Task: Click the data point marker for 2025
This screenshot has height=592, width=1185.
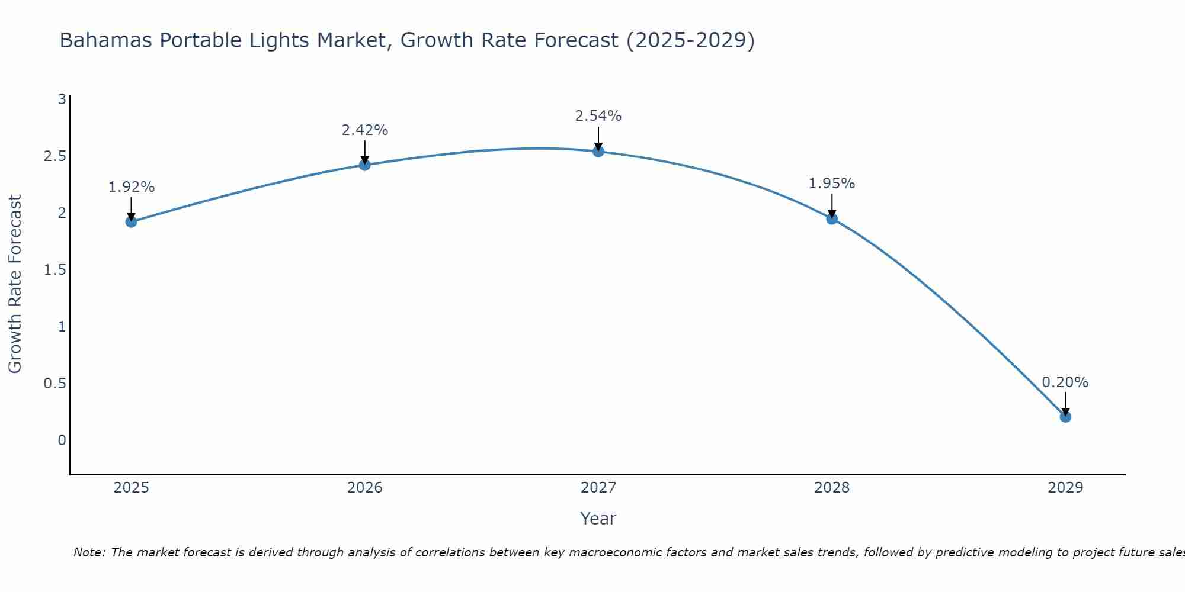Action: (x=131, y=222)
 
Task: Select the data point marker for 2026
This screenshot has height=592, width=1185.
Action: (x=364, y=165)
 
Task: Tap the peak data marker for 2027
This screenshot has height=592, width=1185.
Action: (x=598, y=151)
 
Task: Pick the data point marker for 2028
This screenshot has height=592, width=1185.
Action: (x=832, y=218)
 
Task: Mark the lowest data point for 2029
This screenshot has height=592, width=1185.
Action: (x=1065, y=417)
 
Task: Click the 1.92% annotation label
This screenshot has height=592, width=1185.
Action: (x=131, y=187)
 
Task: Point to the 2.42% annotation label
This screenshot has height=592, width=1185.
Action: (x=364, y=130)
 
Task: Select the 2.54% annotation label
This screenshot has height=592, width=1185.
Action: (x=598, y=116)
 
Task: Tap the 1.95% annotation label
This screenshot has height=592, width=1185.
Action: (x=832, y=184)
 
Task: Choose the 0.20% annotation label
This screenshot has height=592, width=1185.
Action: (x=1065, y=382)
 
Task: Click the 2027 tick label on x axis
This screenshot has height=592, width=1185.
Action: (x=598, y=488)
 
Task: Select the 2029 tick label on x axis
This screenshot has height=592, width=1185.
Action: (x=1065, y=488)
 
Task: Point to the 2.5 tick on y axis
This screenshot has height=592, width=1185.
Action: (x=55, y=156)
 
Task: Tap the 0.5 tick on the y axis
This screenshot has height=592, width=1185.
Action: (x=55, y=384)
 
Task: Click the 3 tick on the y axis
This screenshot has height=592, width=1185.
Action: (x=62, y=99)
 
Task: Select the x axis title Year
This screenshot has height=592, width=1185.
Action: (x=598, y=519)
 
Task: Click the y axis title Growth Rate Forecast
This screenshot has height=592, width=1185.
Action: (x=15, y=284)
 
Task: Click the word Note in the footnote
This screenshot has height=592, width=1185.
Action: (x=88, y=552)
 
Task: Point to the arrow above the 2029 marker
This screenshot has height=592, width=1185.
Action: (x=1065, y=404)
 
